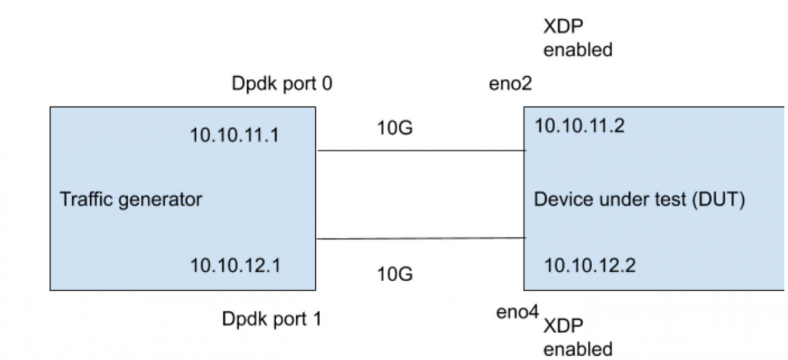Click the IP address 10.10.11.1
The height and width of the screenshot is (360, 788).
click(x=234, y=135)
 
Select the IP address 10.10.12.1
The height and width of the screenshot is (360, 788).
click(x=235, y=265)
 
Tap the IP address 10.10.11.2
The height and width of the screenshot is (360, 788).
click(x=578, y=126)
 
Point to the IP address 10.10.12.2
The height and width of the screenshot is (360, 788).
click(x=589, y=265)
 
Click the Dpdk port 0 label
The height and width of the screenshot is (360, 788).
click(x=281, y=84)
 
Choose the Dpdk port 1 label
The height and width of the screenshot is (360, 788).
click(x=271, y=319)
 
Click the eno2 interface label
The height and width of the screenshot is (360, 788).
click(x=510, y=84)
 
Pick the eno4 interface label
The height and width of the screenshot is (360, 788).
click(x=517, y=312)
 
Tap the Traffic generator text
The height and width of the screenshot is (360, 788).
click(x=131, y=199)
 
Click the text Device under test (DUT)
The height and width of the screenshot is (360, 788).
click(x=639, y=199)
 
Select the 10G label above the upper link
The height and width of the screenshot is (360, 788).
click(x=395, y=127)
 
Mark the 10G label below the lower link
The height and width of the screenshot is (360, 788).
click(x=395, y=274)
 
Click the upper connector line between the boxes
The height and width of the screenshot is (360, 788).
click(x=421, y=151)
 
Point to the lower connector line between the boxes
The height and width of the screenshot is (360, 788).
click(x=421, y=239)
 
